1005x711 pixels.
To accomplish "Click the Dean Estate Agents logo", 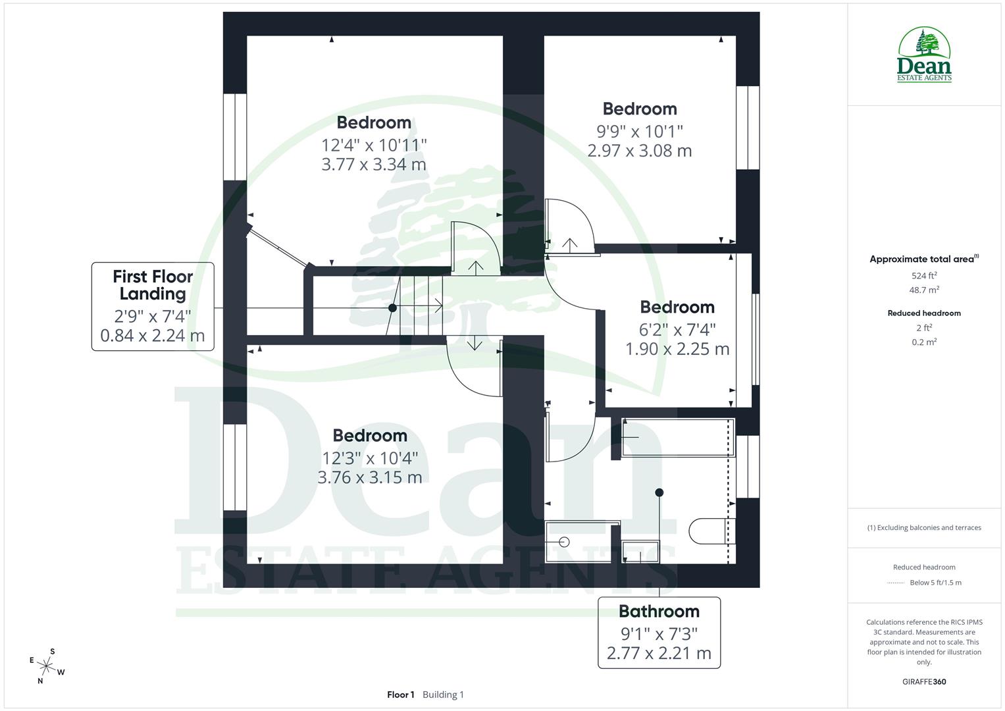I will tap(924, 55).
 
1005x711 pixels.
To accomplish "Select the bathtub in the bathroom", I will tap(677, 437).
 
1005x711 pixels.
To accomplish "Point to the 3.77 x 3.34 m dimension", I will tap(373, 165).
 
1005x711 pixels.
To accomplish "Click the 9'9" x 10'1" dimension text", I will tap(639, 130).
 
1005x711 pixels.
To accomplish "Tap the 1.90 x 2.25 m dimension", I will tap(677, 349).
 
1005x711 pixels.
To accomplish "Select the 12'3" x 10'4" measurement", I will tap(369, 457).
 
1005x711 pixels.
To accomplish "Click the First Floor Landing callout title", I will tap(153, 285).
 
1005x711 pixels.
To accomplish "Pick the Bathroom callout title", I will tap(659, 612).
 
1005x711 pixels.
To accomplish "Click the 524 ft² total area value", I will tap(924, 276).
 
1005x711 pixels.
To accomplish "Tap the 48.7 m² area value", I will tap(924, 290).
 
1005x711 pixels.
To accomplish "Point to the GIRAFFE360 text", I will tap(924, 681).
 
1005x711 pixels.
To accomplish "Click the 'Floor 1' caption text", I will tap(400, 695).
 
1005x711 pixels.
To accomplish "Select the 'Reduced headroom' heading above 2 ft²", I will tap(924, 313).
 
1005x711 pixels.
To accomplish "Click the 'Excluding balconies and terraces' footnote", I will tap(927, 527).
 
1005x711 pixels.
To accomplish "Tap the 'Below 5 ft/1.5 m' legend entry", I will tap(935, 583).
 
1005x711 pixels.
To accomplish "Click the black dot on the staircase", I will tap(392, 307).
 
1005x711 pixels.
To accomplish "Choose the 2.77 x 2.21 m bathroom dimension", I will tap(659, 654).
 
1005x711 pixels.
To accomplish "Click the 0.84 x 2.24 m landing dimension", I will tap(153, 336).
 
